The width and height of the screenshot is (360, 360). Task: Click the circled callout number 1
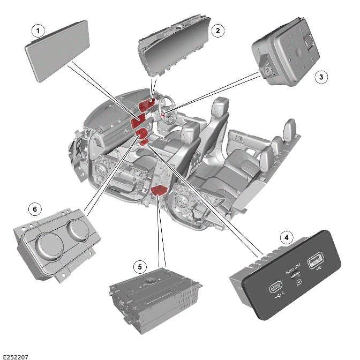coord(37,31)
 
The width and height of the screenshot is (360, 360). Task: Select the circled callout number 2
coord(217,31)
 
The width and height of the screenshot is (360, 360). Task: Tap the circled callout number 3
coord(321,77)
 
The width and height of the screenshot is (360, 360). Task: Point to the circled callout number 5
coord(140,266)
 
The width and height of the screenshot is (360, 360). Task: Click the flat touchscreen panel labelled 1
coord(58,51)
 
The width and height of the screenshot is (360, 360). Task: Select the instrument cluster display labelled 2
coord(173,49)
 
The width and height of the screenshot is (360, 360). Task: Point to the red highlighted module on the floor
coord(160,190)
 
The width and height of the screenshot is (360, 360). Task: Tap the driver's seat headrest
coord(219,107)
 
